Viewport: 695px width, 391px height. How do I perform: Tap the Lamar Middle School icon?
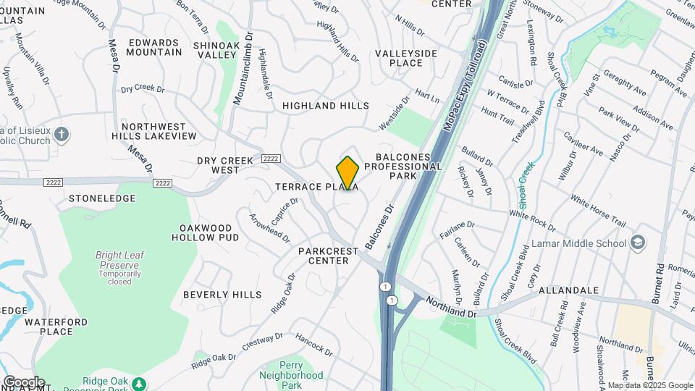click(638, 243)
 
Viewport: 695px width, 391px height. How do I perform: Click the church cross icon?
click(62, 134)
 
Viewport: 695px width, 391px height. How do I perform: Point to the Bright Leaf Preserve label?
click(117, 260)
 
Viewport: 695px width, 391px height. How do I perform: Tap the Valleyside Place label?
click(406, 58)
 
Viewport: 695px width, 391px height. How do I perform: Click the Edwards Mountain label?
click(154, 47)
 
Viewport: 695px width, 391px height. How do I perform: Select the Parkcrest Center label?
click(329, 256)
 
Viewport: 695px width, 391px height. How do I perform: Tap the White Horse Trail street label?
click(597, 210)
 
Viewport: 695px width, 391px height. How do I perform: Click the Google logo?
click(24, 382)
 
